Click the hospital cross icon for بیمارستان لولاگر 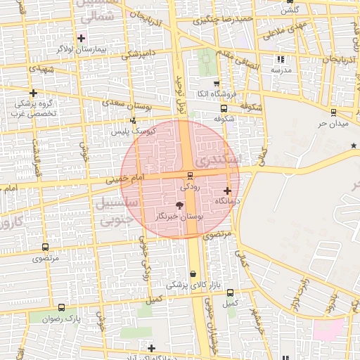(x=82, y=37)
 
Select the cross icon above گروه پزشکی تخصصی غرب (x=33, y=93)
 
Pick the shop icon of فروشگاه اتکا (x=217, y=83)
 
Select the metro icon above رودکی (x=190, y=176)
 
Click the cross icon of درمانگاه (x=227, y=191)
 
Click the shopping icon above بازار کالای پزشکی (x=193, y=274)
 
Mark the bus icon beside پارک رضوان (x=62, y=308)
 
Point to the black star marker (x=354, y=146)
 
